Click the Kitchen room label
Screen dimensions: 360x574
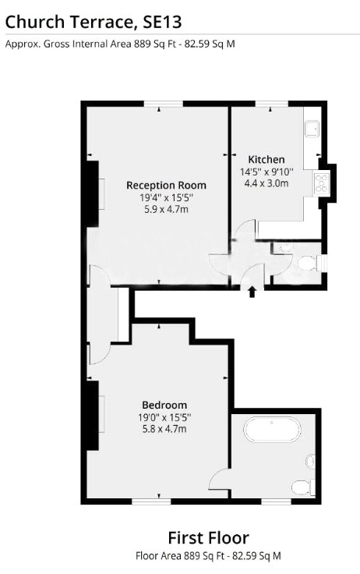click(266, 160)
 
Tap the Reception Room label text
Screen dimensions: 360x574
click(166, 186)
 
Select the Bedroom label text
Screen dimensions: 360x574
click(164, 405)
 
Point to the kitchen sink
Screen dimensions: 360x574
click(312, 129)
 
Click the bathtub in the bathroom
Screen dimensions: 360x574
click(273, 430)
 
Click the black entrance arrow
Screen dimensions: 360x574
click(252, 292)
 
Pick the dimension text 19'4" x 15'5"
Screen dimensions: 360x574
click(166, 197)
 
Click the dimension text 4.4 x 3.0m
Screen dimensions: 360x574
click(266, 183)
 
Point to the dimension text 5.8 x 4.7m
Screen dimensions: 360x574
click(164, 428)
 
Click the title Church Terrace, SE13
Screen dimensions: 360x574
click(94, 22)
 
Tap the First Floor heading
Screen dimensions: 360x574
click(209, 538)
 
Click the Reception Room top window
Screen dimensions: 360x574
click(163, 104)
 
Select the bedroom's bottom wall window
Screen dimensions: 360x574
click(151, 501)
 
